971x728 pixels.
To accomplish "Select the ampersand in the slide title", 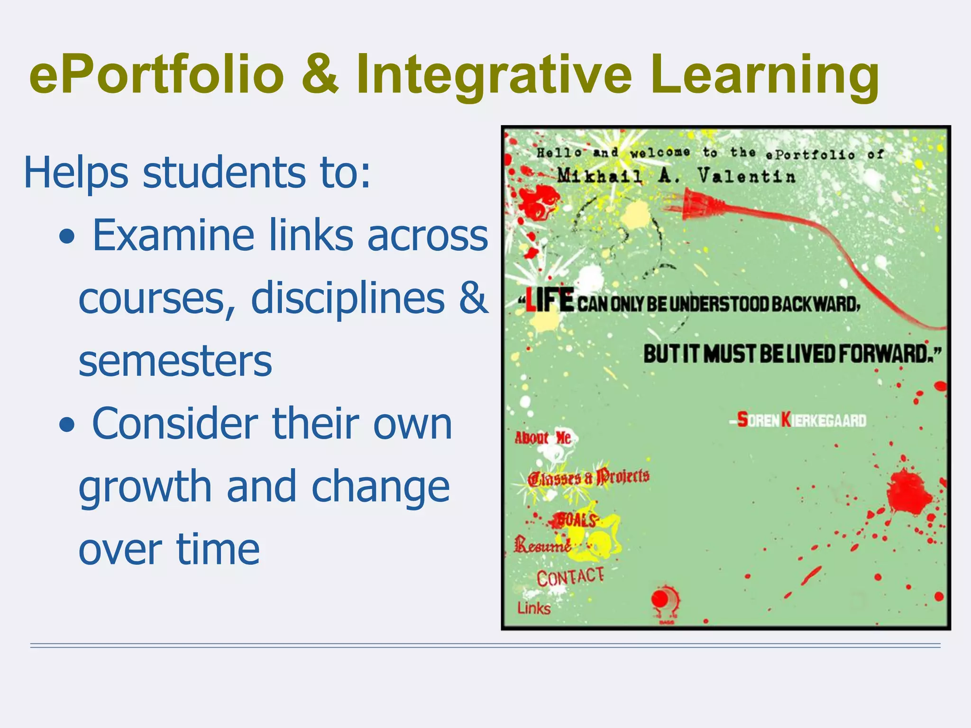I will tap(321, 75).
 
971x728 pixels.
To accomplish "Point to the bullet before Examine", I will tap(67, 237).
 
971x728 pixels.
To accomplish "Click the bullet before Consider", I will tap(67, 425).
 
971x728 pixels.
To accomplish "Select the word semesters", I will tap(175, 361).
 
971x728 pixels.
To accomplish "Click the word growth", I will tap(145, 487).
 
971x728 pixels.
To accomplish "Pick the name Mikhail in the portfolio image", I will tap(599, 176).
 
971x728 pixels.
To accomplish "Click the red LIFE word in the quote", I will tap(550, 301).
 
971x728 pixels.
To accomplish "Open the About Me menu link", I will tap(542, 437).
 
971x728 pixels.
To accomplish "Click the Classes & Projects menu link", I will tap(588, 477).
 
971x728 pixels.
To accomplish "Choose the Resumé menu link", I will tap(542, 545).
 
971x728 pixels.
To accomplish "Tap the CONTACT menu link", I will tap(570, 577).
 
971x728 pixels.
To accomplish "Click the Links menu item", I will tap(533, 608).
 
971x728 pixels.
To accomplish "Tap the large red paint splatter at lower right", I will tap(908, 493).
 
